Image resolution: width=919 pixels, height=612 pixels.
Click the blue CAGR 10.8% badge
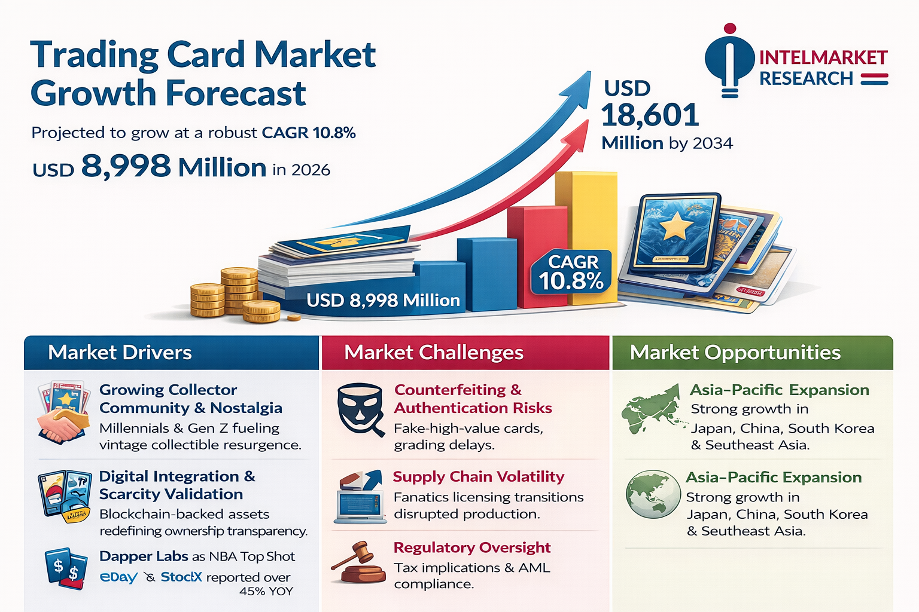(571, 272)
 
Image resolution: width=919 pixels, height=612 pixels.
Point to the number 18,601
(650, 115)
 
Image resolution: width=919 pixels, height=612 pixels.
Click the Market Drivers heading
(120, 353)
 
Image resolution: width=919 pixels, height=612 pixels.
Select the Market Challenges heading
(434, 353)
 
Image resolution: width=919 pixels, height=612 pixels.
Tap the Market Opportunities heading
(735, 353)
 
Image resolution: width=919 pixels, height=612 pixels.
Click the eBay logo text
(118, 577)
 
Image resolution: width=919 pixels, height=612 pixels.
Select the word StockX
(181, 577)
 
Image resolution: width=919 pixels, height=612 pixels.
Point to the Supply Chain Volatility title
(479, 477)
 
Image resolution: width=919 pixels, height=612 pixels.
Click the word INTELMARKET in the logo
(823, 58)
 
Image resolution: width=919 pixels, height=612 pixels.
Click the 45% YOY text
(266, 591)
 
